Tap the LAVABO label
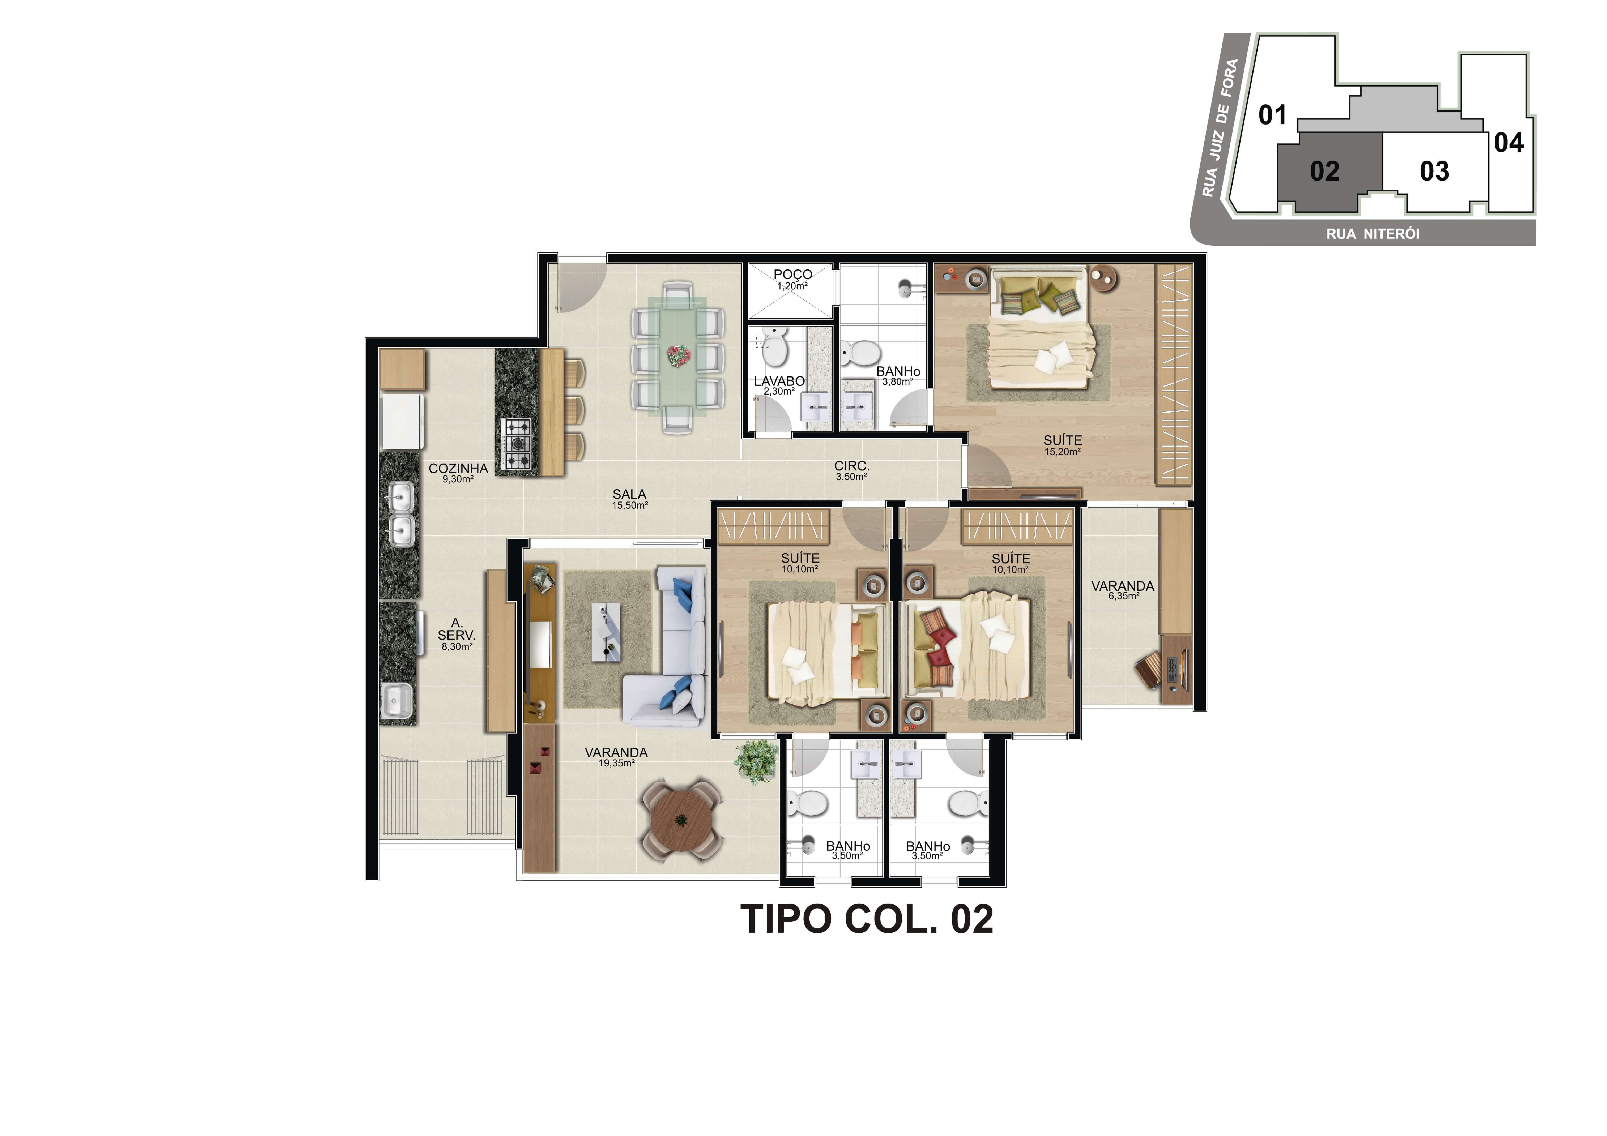pos(779,381)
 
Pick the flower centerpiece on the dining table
pos(678,355)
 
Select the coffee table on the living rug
pos(606,632)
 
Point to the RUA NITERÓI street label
pos(1372,234)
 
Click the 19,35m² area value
pos(616,763)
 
